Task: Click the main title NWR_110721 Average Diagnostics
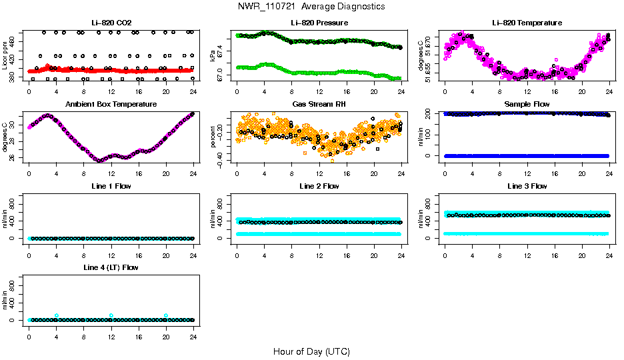coord(311,7)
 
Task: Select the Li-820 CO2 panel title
coord(111,23)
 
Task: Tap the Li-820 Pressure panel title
coord(319,23)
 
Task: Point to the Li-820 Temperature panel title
coord(527,23)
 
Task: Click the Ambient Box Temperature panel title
coord(111,104)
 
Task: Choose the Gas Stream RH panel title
coord(319,104)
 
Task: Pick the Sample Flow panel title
coord(527,104)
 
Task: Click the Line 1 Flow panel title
coord(111,186)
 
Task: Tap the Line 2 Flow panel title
coord(319,186)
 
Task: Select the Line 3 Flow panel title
coord(527,186)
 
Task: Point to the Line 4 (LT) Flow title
coord(111,267)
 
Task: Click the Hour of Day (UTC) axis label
coord(311,351)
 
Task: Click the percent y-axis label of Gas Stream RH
coord(214,137)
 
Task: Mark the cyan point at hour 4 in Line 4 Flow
coord(57,315)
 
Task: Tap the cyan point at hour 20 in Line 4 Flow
coord(166,315)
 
